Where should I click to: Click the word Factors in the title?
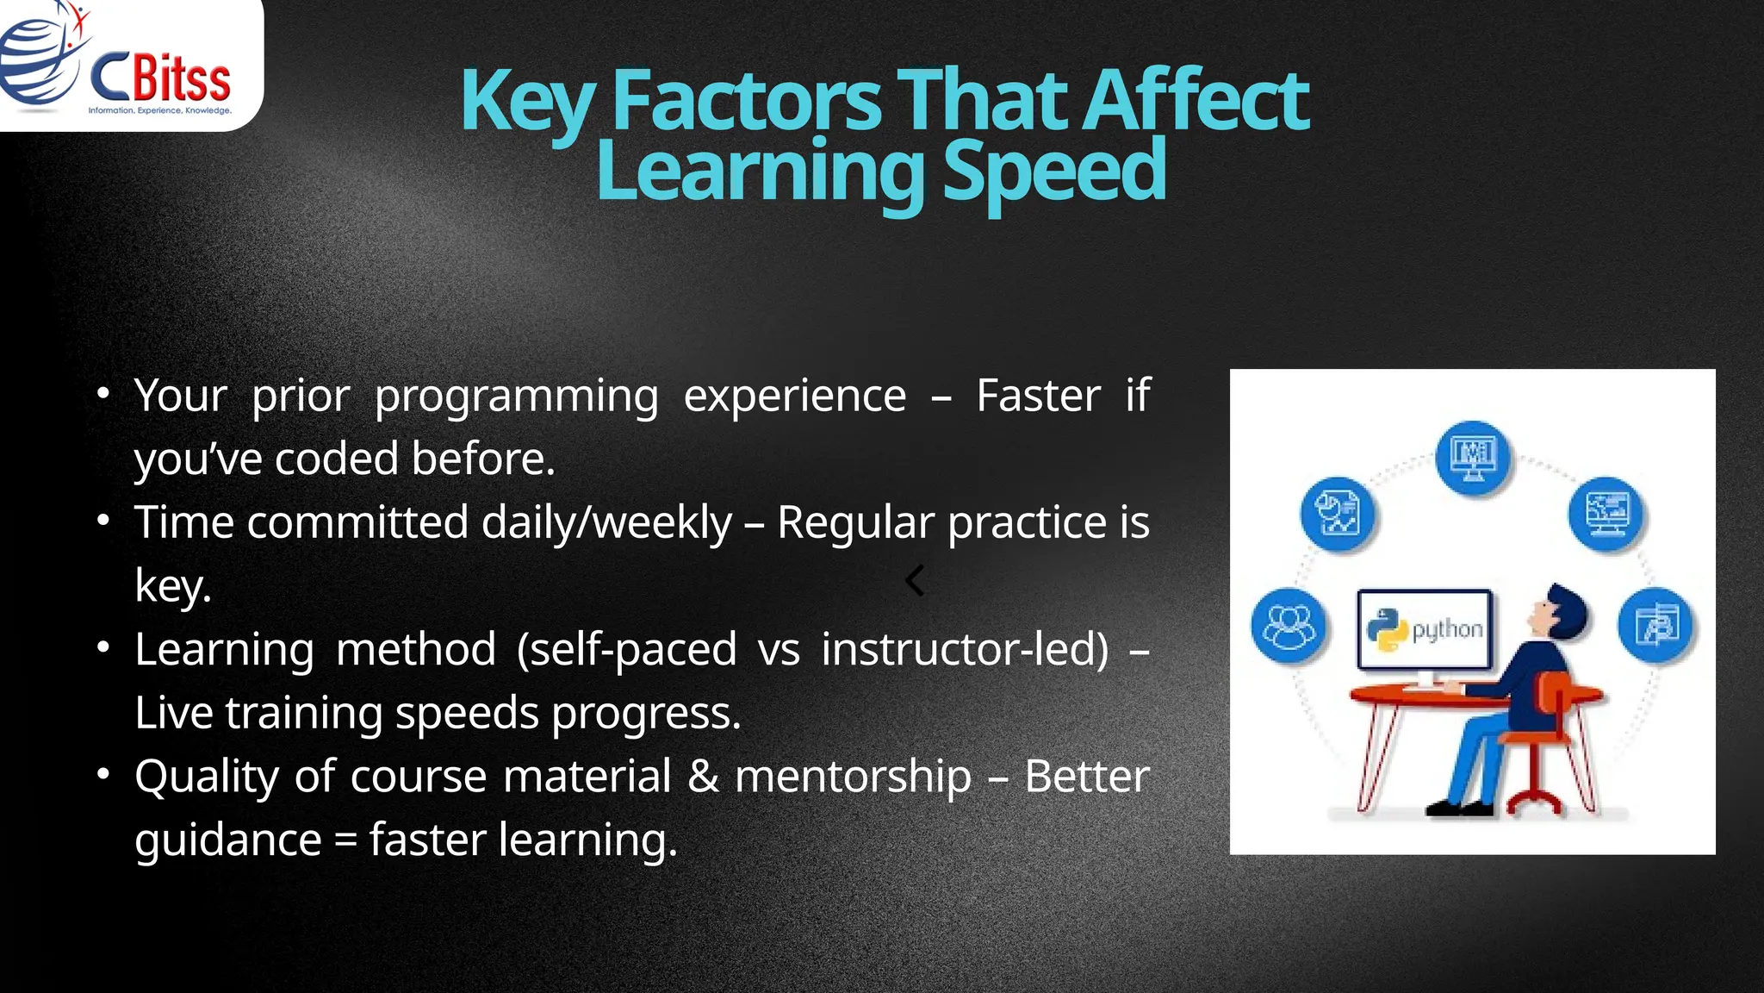click(x=746, y=101)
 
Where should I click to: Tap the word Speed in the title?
click(x=1054, y=171)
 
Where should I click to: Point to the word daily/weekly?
click(x=606, y=523)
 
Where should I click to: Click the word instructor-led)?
click(x=966, y=649)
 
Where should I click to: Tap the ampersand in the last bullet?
click(x=703, y=776)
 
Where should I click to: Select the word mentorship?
click(x=853, y=776)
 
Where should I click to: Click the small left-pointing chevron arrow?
click(x=915, y=580)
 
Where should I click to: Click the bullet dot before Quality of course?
click(x=103, y=774)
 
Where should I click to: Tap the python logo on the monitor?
click(x=1387, y=629)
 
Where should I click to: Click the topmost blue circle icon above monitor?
click(x=1473, y=457)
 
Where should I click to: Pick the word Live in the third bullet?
click(x=175, y=713)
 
